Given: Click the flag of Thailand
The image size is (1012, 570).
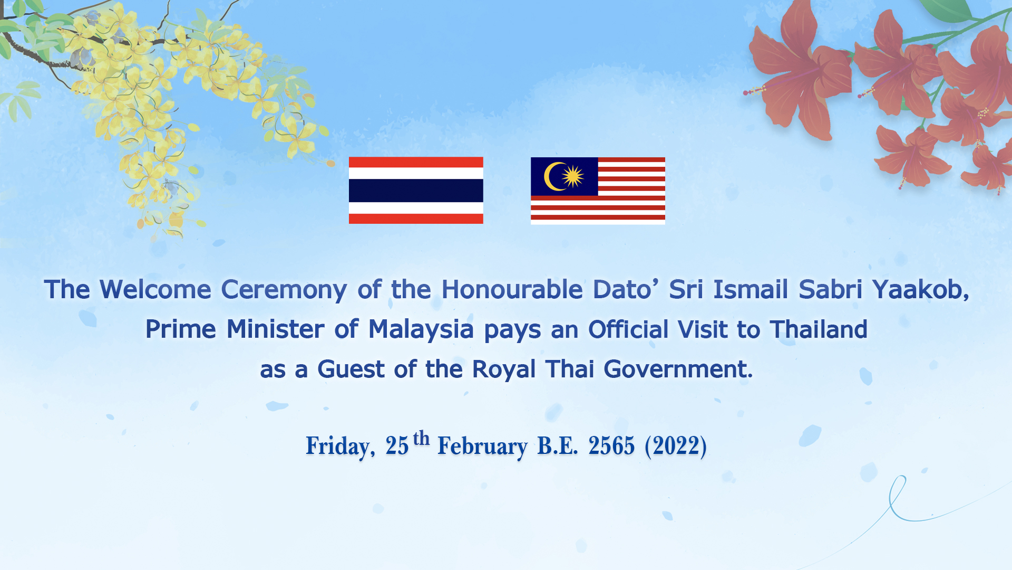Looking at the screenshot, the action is [416, 190].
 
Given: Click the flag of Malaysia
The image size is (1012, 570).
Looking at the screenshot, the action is [598, 191].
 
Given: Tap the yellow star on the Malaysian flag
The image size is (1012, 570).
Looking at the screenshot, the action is [572, 176].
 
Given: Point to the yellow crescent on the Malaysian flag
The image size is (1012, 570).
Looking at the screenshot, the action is [552, 176].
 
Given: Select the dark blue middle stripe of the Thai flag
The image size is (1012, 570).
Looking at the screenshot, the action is [416, 190].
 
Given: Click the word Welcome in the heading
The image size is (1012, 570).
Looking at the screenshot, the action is [155, 289].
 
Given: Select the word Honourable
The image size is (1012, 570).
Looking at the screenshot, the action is [512, 289].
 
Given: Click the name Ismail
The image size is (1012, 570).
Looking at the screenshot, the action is [751, 289].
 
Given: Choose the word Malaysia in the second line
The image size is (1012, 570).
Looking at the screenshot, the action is [421, 330].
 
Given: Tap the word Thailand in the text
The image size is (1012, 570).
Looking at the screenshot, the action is [819, 329].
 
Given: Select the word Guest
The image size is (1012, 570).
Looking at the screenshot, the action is [351, 369].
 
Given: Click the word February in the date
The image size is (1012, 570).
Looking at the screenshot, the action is [482, 446].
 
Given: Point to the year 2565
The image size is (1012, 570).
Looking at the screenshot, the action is [611, 446].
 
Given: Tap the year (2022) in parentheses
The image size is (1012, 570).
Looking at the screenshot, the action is [676, 446].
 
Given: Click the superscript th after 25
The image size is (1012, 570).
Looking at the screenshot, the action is [421, 439].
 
